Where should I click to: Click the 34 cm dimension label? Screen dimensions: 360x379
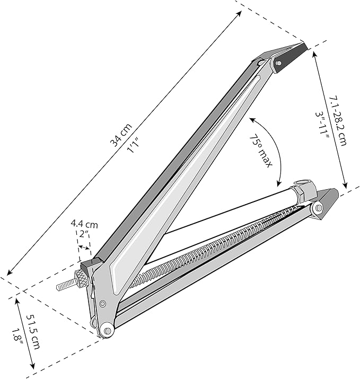[x=121, y=135]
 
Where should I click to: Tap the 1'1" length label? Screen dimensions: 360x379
[x=134, y=146]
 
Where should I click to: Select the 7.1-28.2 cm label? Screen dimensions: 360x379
[x=338, y=121]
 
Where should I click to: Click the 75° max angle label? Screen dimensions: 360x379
[x=261, y=151]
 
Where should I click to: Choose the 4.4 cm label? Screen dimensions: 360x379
[x=84, y=225]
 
